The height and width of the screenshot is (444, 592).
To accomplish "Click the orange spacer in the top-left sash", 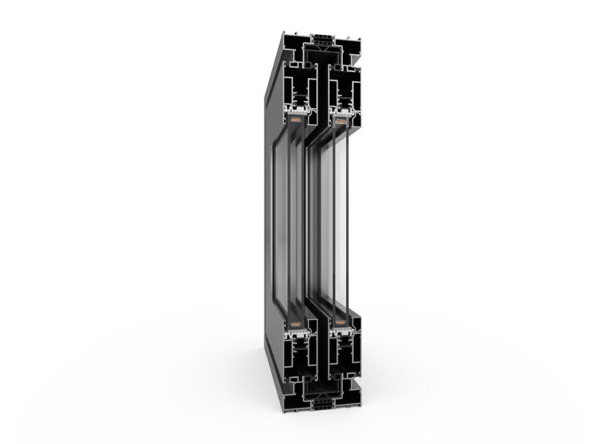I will pyautogui.click(x=296, y=119).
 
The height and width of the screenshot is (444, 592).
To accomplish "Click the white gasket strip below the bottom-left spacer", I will pyautogui.click(x=297, y=332).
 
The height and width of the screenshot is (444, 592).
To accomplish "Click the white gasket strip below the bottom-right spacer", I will pyautogui.click(x=339, y=332).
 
